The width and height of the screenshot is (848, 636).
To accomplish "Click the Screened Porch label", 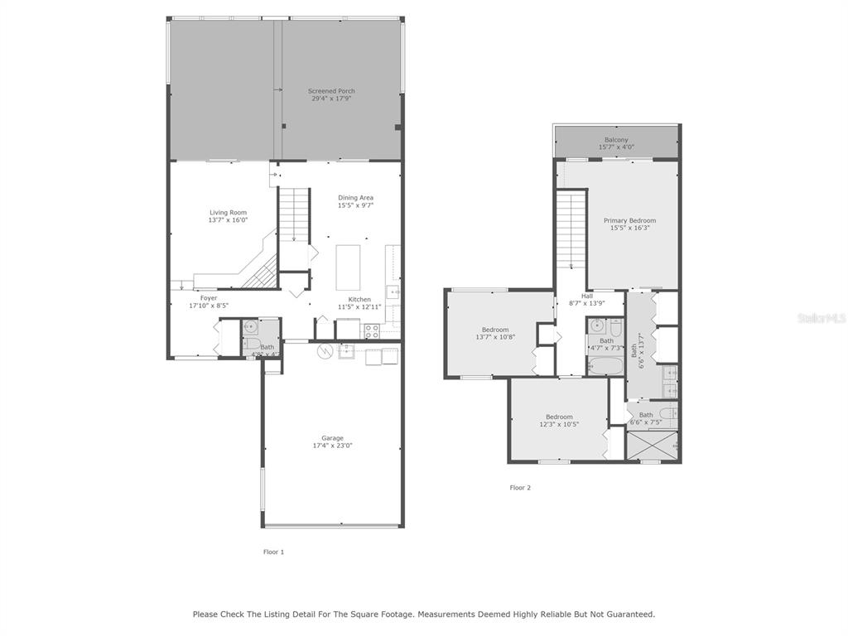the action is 331,91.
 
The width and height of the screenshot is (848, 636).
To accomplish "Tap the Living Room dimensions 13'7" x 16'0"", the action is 229,220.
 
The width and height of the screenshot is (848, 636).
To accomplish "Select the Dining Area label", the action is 355,198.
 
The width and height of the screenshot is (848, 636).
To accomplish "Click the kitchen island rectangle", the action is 348,267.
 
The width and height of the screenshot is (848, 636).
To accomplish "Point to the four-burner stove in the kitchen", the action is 372,331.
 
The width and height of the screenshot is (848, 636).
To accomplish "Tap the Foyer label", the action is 209,298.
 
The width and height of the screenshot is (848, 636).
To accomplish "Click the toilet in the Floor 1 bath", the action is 252,343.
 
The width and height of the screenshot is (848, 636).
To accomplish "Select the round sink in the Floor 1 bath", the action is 250,325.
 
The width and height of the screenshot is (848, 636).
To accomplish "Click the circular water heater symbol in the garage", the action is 325,351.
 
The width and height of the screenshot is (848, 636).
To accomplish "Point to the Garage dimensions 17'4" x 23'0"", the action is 333,446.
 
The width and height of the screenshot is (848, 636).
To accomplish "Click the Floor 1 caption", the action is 273,552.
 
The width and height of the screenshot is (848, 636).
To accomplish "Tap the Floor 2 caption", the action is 520,488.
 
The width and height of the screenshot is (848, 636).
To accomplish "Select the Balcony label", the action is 616,139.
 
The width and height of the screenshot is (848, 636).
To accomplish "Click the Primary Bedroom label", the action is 630,220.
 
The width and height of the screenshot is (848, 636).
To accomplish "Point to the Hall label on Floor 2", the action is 587,296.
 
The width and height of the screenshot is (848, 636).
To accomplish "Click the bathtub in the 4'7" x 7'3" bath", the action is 606,365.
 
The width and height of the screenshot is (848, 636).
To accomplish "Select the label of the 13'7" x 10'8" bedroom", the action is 495,330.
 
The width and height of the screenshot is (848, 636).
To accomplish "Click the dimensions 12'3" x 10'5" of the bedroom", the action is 559,425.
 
